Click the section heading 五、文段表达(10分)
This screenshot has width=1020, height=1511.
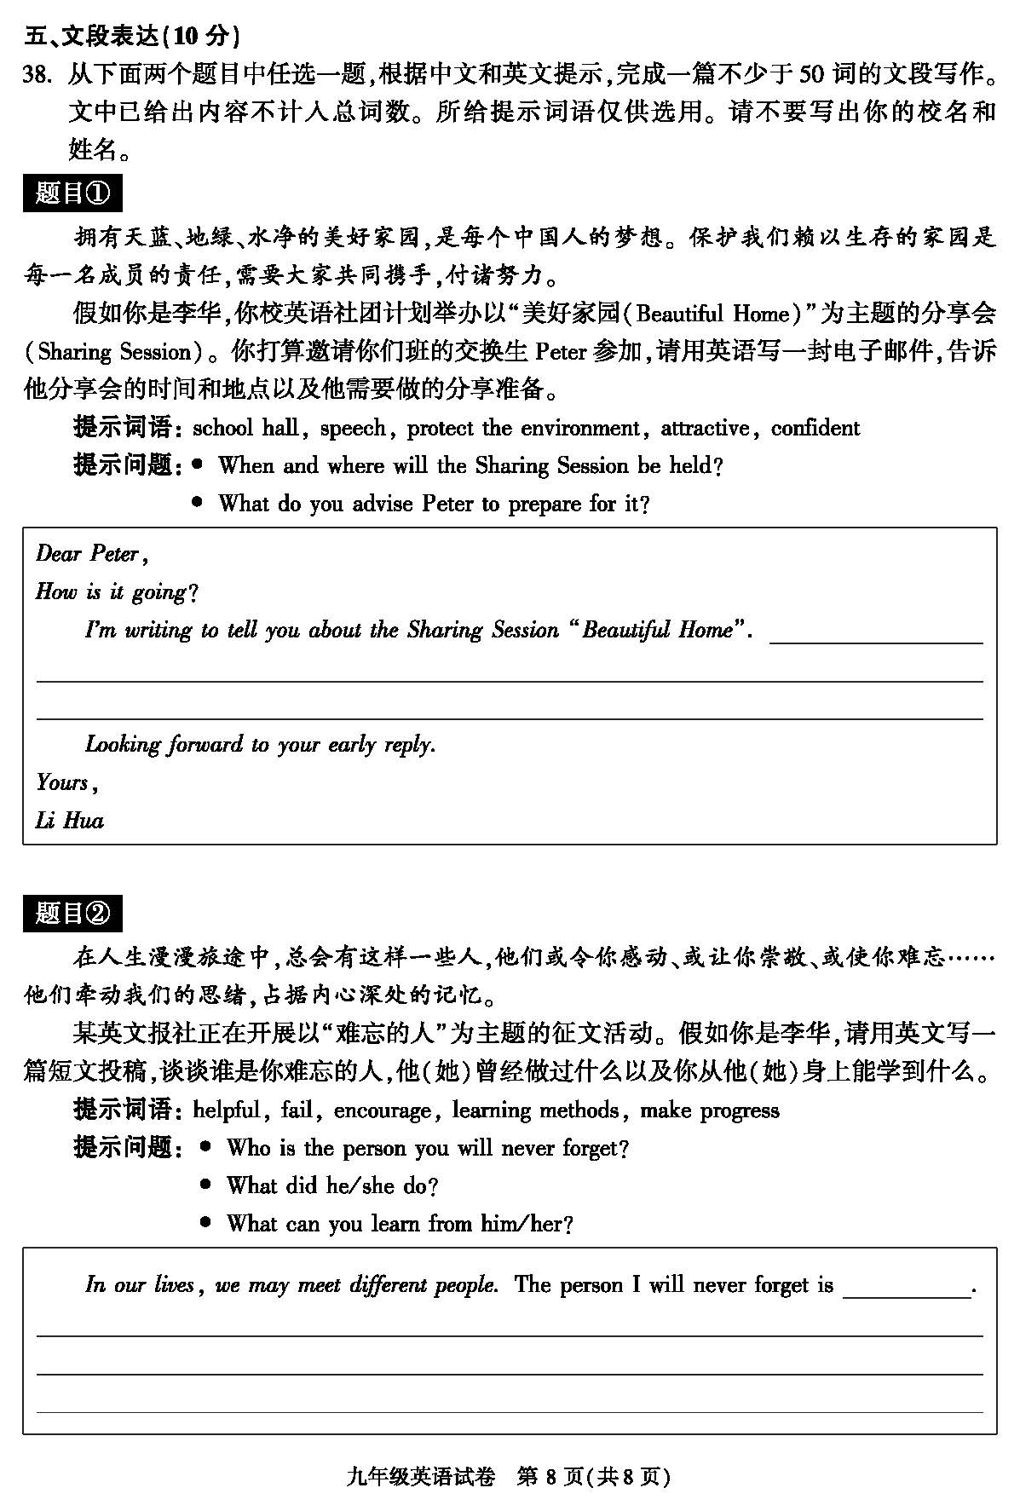(132, 36)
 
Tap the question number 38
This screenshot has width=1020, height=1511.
(40, 75)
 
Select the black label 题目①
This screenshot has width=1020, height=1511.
(72, 193)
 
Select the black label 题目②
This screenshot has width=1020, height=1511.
(72, 914)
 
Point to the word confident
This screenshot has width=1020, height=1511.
(815, 428)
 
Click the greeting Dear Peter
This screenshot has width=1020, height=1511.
(92, 555)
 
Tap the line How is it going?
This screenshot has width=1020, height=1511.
(117, 592)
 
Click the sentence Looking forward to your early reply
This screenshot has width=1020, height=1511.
(260, 745)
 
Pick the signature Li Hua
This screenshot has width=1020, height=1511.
(70, 821)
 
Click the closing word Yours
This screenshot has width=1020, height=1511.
(65, 782)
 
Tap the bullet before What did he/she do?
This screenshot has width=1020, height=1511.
(205, 1185)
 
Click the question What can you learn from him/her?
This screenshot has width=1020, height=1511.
(399, 1224)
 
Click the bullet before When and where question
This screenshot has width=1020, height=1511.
(198, 464)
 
